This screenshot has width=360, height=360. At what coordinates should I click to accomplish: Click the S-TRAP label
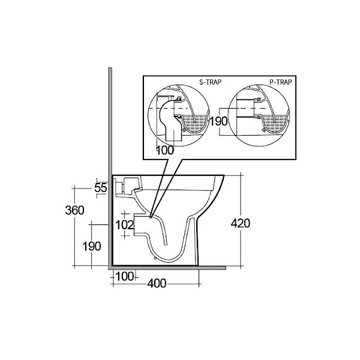point(210,82)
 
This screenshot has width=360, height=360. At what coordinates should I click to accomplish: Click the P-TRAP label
point(281,82)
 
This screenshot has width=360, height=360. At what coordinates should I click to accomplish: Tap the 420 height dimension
point(241,223)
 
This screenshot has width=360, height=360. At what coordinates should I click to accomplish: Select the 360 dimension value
point(74,211)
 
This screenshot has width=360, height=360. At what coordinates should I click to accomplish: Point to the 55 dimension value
point(101,188)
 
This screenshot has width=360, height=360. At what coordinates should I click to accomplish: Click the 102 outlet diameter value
point(124,225)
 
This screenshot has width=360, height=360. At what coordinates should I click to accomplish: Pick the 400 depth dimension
point(157,284)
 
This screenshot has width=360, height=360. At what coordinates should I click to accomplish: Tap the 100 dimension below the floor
point(124,277)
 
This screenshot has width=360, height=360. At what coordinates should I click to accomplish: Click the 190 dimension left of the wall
point(92,247)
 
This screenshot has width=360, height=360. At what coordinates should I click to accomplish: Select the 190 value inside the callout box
point(218,121)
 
